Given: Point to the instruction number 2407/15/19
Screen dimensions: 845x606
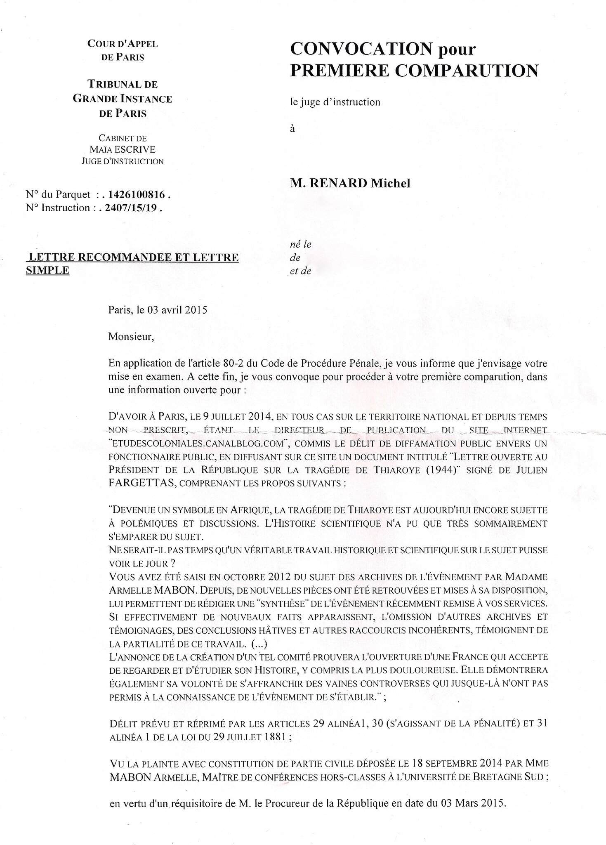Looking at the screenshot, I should click(131, 208).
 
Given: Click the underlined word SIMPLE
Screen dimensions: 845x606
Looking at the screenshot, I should click(47, 271).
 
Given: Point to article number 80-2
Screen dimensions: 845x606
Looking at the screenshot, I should click(241, 363).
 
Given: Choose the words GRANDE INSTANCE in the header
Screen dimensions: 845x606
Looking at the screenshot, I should click(123, 99).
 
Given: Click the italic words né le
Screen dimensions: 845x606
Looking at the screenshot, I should click(301, 244).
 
